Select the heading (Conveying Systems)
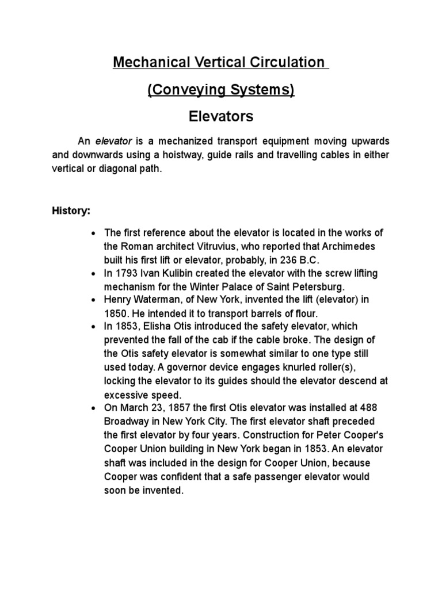point(221,90)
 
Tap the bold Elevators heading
point(221,117)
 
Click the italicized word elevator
point(114,141)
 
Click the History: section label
point(71,211)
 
